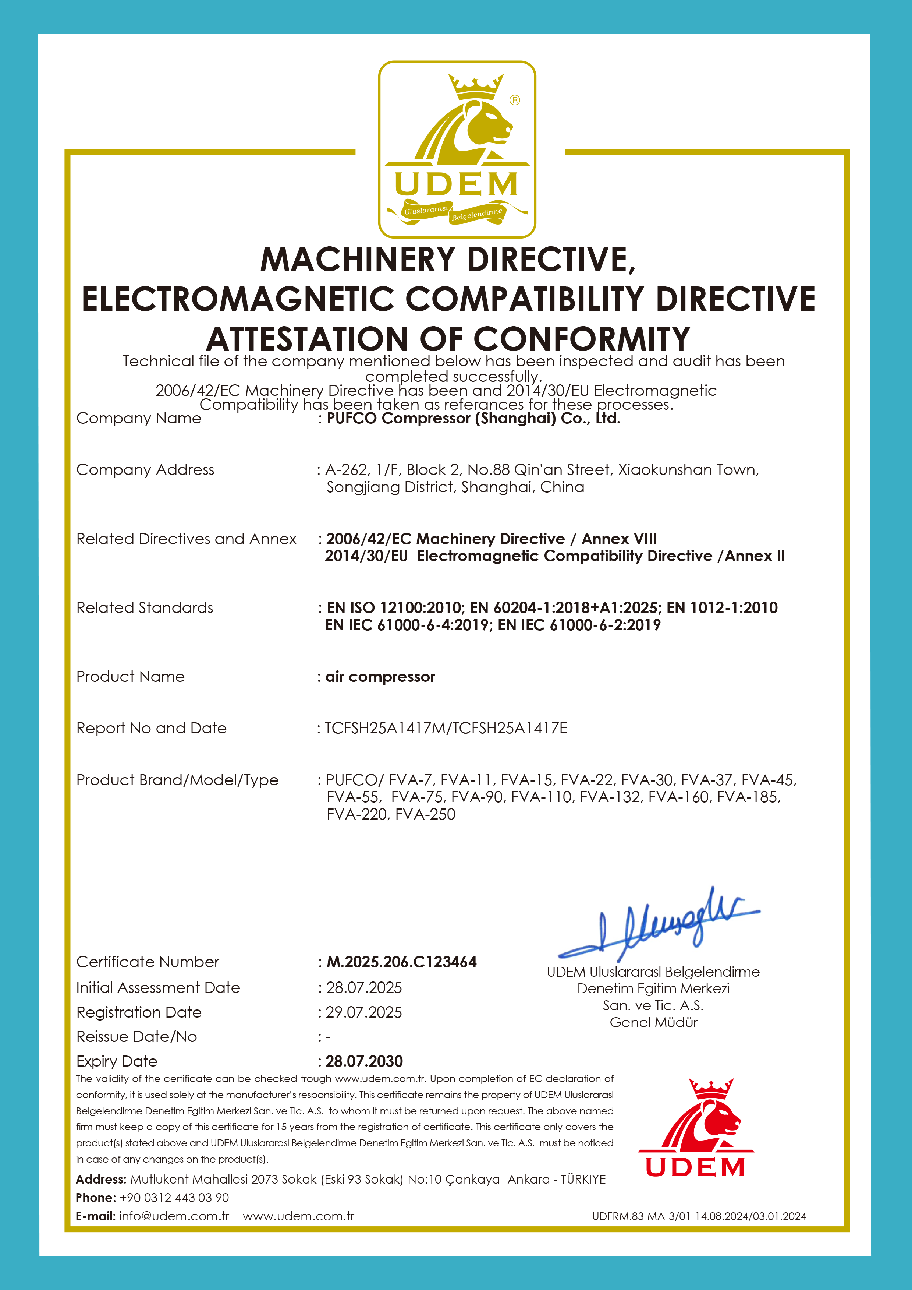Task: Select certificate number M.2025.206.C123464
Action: (x=401, y=962)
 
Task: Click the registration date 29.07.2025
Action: (x=364, y=1012)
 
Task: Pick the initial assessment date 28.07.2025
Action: (x=364, y=988)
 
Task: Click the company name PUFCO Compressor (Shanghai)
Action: (x=473, y=419)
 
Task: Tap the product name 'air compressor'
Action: (x=380, y=677)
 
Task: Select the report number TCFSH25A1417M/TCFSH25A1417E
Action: (x=446, y=728)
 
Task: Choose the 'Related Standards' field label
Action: (x=145, y=608)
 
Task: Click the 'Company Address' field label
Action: (x=145, y=470)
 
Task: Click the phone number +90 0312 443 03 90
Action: (x=174, y=1198)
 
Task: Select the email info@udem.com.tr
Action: (x=174, y=1216)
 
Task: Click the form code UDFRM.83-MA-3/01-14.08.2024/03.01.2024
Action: (x=699, y=1216)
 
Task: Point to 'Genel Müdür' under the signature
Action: (x=654, y=1023)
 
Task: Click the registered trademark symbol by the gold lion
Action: (x=515, y=100)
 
